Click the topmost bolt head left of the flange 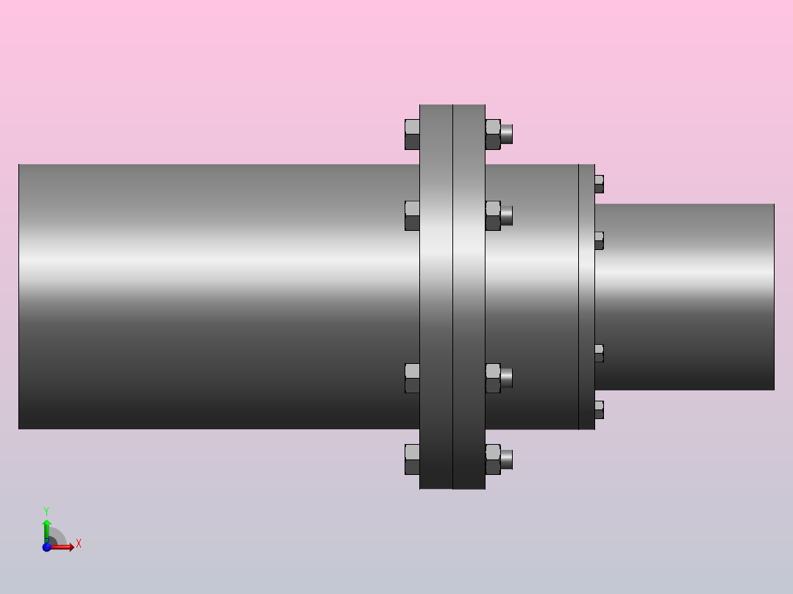click(412, 135)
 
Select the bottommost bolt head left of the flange click(412, 459)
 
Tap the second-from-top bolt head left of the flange click(412, 215)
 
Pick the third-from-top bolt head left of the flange click(412, 378)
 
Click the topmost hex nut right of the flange click(493, 135)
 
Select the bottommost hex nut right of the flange click(493, 459)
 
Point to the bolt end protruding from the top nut click(507, 135)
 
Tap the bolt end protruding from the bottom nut click(507, 459)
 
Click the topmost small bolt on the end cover click(599, 184)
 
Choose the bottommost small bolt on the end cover click(599, 409)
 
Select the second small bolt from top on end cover click(599, 240)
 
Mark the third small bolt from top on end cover click(599, 353)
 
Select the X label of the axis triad click(79, 544)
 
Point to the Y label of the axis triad click(46, 510)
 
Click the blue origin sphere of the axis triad click(47, 547)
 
